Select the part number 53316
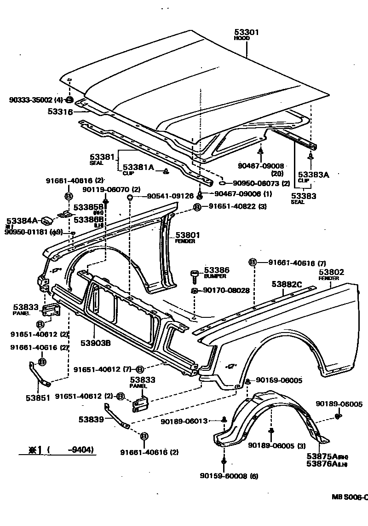tap(60, 111)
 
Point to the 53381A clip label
tap(138, 167)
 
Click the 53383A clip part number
tap(313, 175)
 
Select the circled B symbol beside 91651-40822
tap(197, 207)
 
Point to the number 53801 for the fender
tap(185, 234)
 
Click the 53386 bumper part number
tap(216, 270)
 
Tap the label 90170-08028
tap(226, 290)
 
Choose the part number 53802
tap(331, 272)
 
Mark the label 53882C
tap(287, 284)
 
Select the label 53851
tap(37, 398)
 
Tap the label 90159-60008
tap(223, 476)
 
